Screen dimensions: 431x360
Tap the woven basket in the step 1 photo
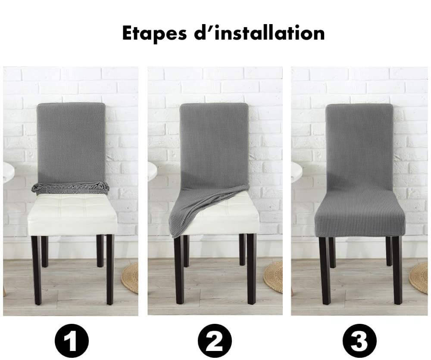coord(130,279)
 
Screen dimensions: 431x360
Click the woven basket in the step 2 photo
coord(273,277)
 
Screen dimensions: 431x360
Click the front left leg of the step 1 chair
coord(36,270)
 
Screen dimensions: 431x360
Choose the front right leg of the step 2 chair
coord(252,269)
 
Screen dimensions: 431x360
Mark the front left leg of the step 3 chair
coord(325,271)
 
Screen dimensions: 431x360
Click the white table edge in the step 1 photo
coord(9,170)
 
